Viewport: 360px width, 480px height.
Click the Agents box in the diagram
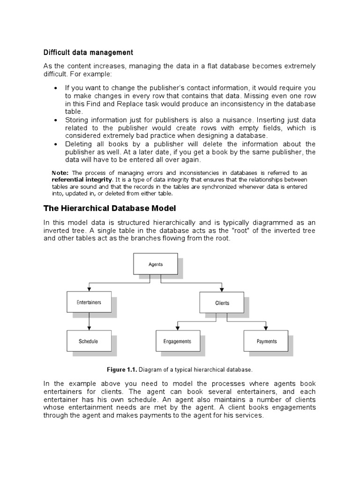(156, 264)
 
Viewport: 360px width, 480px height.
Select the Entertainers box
(89, 302)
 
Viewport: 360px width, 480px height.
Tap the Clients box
(222, 303)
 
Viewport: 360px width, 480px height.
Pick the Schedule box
(89, 341)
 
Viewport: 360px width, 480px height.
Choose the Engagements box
(177, 341)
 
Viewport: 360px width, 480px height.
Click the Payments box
(266, 341)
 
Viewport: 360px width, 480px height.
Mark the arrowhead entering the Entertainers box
(89, 290)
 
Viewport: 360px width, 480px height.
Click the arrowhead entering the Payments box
(266, 328)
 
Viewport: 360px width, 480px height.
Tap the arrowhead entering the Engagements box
(177, 328)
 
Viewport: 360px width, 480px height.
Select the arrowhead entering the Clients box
(222, 290)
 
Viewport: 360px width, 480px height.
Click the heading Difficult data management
(88, 52)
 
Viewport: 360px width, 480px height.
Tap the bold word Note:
(60, 173)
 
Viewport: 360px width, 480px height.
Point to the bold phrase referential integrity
(82, 180)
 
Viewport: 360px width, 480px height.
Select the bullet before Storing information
(56, 120)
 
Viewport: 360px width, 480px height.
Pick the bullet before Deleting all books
(56, 144)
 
